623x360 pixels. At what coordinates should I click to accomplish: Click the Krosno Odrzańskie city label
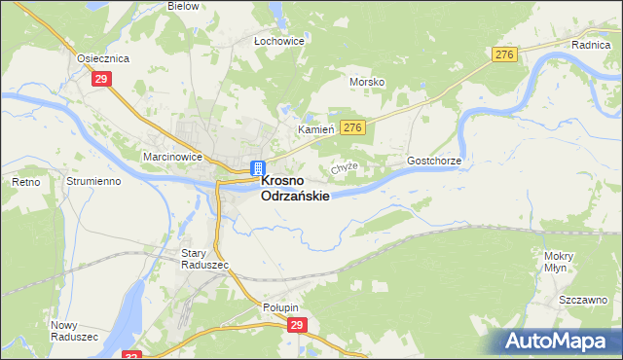click(295, 188)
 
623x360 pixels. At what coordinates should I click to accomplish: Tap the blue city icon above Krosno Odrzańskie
click(257, 167)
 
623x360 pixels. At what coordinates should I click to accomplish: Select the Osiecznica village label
click(103, 57)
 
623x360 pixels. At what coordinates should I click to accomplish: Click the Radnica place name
click(590, 45)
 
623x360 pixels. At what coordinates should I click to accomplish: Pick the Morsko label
click(367, 83)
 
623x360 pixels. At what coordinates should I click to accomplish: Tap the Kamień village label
click(315, 128)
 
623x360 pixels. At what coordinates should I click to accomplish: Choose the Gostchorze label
click(433, 160)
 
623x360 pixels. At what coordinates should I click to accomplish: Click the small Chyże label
click(346, 166)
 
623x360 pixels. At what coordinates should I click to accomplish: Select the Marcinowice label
click(143, 155)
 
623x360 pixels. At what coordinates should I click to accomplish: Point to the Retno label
click(24, 182)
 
